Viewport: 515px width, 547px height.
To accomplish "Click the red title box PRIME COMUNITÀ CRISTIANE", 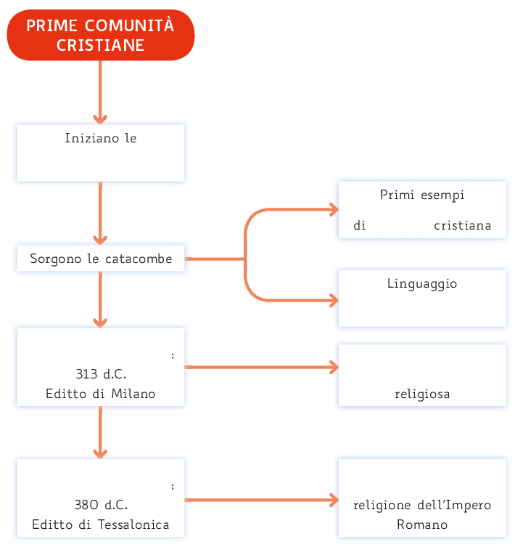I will click(101, 35).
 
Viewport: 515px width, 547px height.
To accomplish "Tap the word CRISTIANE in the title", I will click(101, 45).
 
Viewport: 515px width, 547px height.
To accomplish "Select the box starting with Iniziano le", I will click(101, 153).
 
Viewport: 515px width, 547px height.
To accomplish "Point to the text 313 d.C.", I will click(100, 375).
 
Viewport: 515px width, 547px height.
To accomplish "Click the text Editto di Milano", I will click(100, 394).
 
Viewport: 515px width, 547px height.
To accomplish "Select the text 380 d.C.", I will click(100, 505).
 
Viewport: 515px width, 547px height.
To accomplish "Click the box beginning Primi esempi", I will click(422, 209).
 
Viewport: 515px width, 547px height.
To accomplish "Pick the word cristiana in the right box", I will click(462, 225).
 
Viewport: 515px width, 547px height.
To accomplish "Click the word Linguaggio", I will click(422, 283).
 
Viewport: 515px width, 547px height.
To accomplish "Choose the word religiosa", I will click(422, 394).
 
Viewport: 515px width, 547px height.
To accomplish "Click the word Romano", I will click(422, 524).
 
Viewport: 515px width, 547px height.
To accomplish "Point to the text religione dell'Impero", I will click(422, 505).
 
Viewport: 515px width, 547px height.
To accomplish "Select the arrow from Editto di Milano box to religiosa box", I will click(261, 367).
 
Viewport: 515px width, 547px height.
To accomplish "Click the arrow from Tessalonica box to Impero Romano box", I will click(261, 500).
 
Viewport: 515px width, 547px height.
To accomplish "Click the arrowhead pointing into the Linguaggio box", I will click(334, 299).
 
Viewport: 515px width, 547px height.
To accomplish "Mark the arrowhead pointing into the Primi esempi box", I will click(334, 210).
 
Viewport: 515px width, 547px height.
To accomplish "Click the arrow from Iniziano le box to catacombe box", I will click(100, 214).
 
